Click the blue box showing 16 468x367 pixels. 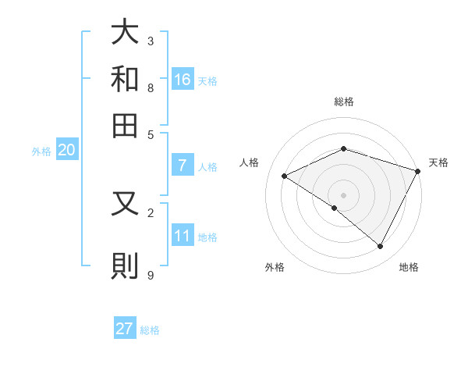pos(183,79)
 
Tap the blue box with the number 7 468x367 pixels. pos(183,166)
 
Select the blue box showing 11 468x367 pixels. pos(183,236)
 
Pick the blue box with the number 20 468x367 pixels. pos(66,151)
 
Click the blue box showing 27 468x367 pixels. pos(125,329)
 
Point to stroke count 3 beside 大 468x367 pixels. pos(151,41)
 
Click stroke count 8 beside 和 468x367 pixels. pos(151,87)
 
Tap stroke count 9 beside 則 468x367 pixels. pos(151,275)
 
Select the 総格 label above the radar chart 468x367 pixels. pos(344,102)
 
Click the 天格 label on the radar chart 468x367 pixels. pos(439,162)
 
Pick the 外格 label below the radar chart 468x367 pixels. pos(275,267)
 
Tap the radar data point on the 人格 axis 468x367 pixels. pos(285,176)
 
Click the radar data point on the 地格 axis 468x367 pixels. pos(381,247)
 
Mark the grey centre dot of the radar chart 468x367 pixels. pos(344,194)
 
